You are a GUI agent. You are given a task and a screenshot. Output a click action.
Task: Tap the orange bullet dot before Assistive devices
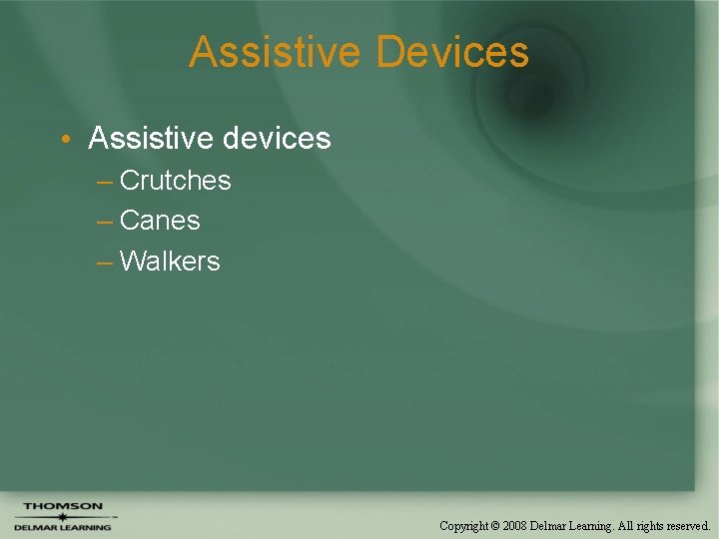click(x=64, y=139)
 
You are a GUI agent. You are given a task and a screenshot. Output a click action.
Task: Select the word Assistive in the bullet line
click(x=148, y=138)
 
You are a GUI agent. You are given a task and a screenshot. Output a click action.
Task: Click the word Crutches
click(x=175, y=181)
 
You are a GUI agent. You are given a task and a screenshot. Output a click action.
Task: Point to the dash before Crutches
click(x=105, y=182)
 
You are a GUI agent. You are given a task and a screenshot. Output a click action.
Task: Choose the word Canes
click(x=160, y=221)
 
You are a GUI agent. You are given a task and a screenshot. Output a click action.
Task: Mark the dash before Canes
click(x=105, y=222)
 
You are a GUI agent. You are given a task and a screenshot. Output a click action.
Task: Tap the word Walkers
click(x=170, y=262)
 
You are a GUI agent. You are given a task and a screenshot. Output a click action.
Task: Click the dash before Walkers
click(x=105, y=263)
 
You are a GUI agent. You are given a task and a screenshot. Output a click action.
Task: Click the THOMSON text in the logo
click(x=63, y=506)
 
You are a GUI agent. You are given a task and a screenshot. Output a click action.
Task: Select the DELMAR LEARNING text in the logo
click(x=62, y=527)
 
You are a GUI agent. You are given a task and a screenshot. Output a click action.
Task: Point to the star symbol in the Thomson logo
click(x=62, y=516)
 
